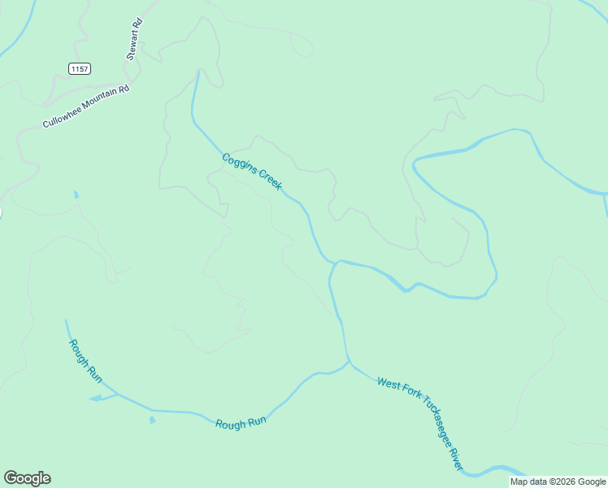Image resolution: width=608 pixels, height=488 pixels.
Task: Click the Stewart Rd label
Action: (x=135, y=40)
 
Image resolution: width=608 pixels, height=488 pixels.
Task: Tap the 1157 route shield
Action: (x=80, y=69)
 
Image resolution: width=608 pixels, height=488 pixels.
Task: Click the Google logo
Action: (x=28, y=478)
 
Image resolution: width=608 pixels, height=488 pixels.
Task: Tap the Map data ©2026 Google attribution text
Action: (x=558, y=481)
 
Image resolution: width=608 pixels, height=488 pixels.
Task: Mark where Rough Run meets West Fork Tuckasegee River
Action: (x=349, y=362)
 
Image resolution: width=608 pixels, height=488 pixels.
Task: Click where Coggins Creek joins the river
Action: (x=335, y=262)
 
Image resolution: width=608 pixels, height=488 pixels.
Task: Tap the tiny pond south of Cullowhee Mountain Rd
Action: (x=76, y=194)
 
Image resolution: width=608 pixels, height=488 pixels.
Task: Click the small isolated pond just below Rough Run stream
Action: (x=152, y=420)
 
